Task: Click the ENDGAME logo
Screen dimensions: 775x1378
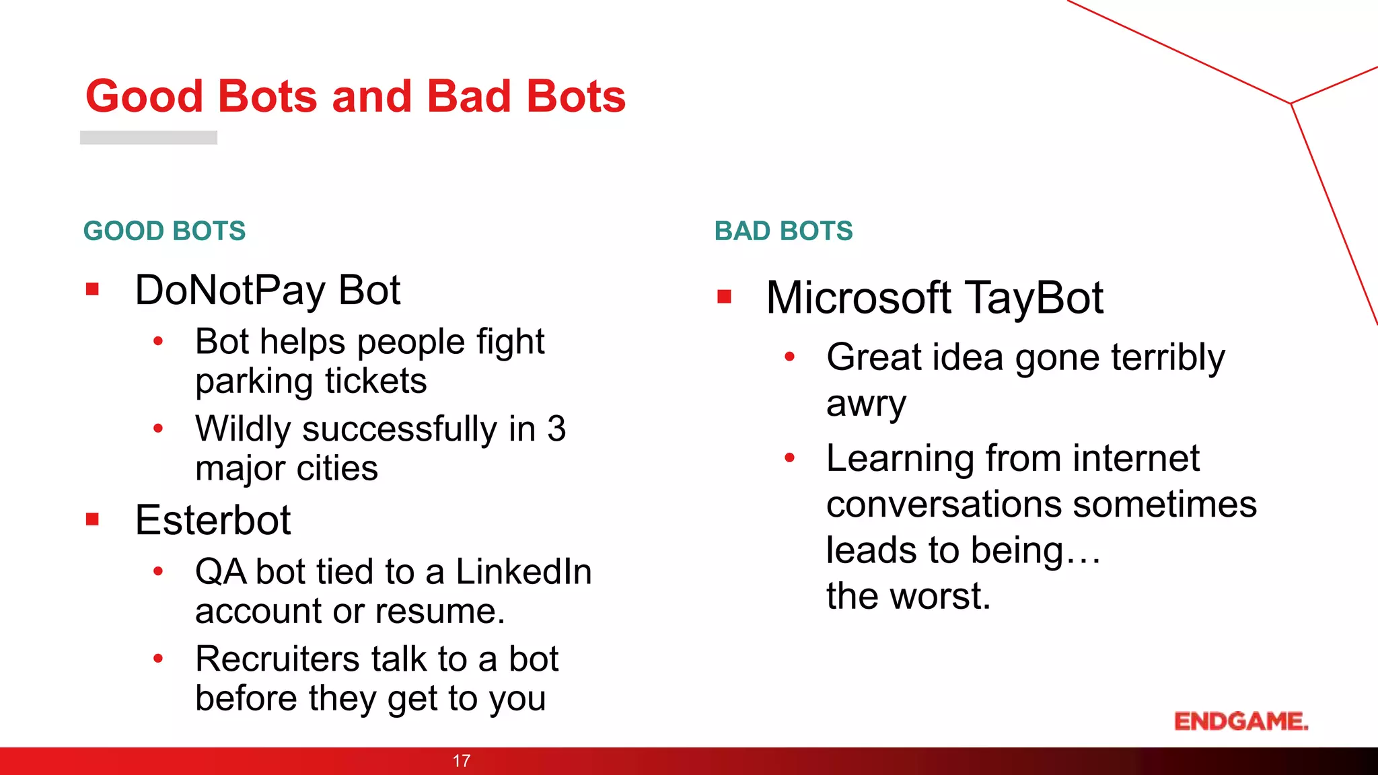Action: (1241, 721)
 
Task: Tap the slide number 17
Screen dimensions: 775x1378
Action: (462, 761)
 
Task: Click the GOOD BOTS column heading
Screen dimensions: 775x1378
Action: (165, 231)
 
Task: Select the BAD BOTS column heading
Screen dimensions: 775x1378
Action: (783, 231)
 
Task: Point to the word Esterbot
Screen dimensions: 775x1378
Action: (213, 520)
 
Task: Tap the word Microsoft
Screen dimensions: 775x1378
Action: (859, 298)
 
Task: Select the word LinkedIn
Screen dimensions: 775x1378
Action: (523, 572)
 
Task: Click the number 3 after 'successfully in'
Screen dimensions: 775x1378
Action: (556, 429)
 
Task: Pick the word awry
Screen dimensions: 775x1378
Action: (866, 405)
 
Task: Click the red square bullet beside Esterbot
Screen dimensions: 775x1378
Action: (93, 519)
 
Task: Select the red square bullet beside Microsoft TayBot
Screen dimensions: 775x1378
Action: (724, 297)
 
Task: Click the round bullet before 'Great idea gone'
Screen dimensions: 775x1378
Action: (790, 357)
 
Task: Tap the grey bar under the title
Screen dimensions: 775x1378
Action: (149, 137)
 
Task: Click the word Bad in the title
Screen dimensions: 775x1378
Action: (469, 96)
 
